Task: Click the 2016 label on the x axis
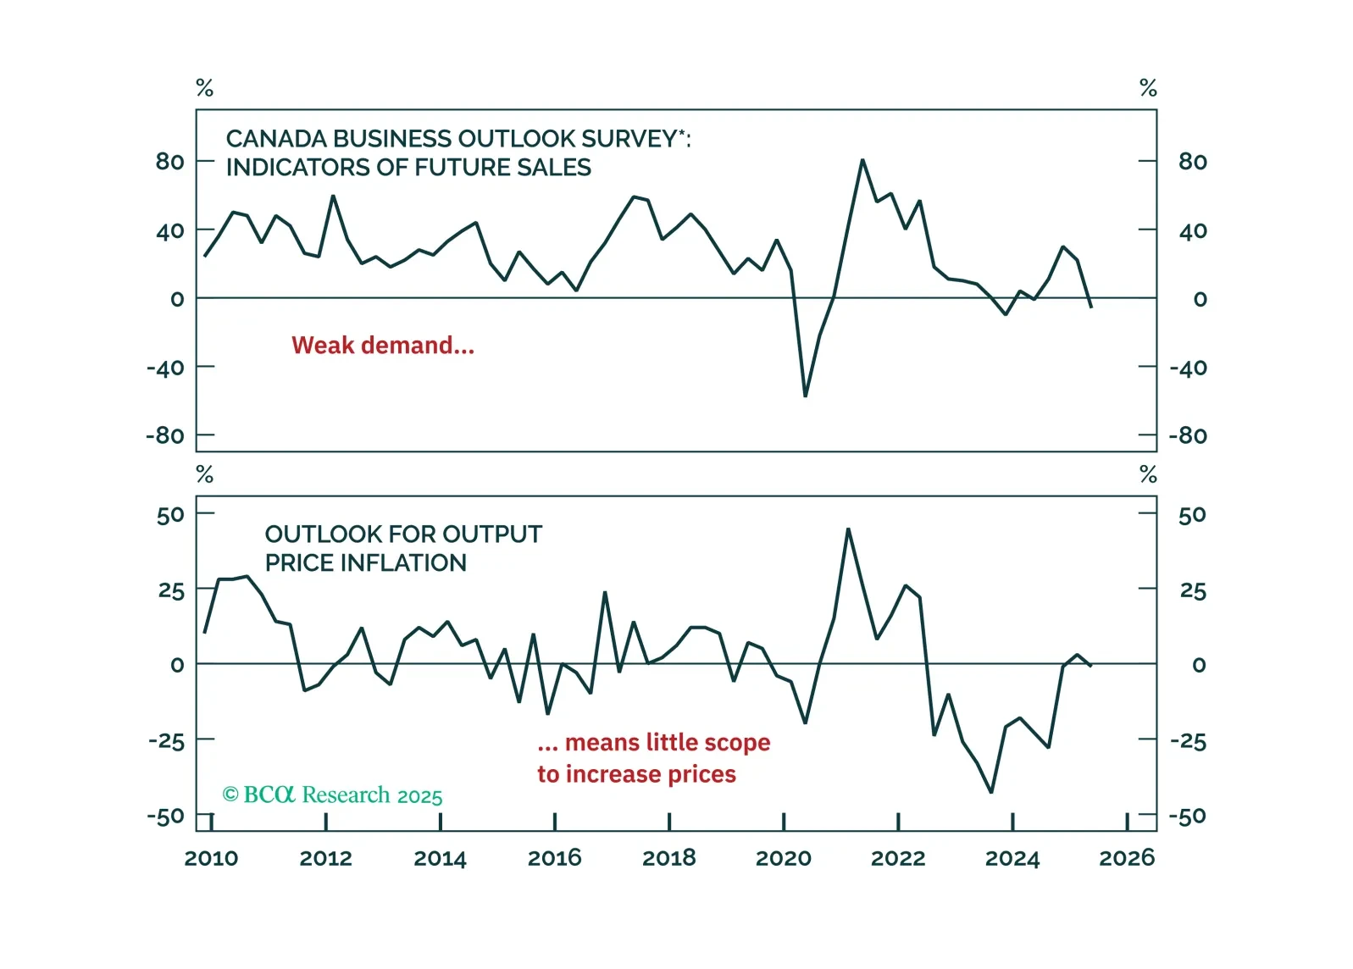click(554, 858)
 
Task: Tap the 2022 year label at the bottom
click(897, 858)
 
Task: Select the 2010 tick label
click(211, 858)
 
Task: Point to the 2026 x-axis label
click(1126, 858)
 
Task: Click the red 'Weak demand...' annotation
click(383, 346)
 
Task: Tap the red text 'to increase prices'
click(636, 774)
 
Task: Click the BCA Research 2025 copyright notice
click(332, 795)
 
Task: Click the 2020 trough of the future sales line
click(805, 396)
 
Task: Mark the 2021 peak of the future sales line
click(862, 160)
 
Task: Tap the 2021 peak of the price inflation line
click(848, 529)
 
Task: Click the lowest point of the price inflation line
click(991, 792)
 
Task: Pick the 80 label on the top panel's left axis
click(169, 161)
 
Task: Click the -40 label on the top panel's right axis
click(1188, 368)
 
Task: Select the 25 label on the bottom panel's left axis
click(171, 590)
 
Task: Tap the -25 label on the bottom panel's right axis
click(1188, 741)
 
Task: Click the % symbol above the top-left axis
click(204, 88)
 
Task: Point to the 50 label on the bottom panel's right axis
click(1191, 515)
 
